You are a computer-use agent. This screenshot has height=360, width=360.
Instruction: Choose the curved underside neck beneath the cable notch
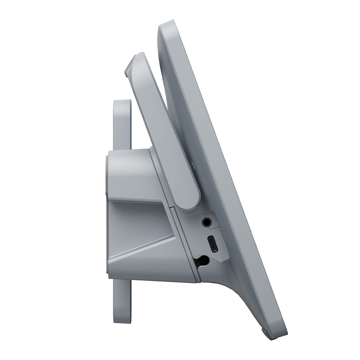pos(230,288)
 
